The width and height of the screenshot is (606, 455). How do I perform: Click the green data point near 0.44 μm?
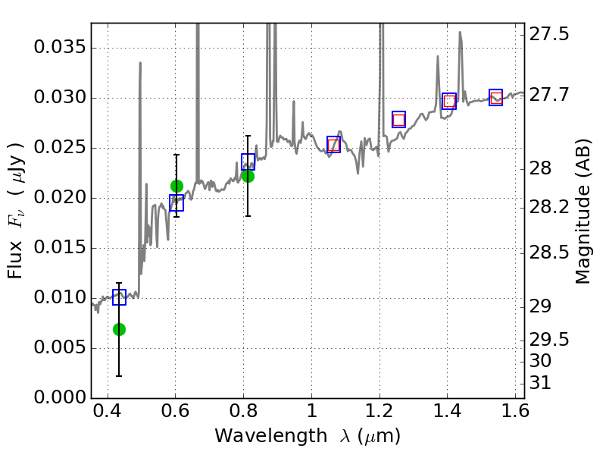119,329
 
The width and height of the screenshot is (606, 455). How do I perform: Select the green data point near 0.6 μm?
176,186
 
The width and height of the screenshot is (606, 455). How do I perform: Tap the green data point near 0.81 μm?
248,176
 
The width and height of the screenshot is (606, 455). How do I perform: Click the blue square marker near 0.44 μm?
119,297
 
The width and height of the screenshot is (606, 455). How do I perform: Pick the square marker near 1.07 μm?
333,144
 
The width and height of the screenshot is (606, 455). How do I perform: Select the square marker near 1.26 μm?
398,119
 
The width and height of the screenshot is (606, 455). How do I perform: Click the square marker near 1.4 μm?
448,101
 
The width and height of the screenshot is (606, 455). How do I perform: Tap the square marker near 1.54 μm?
495,97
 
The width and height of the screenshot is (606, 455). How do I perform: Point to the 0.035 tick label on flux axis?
59,48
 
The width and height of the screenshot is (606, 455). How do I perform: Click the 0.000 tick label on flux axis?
59,398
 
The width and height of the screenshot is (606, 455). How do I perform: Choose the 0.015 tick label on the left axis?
59,248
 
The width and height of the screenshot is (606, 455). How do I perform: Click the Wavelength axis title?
307,436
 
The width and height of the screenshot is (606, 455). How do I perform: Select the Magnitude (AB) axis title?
583,212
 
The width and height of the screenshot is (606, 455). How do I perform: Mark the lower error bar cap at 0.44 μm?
119,375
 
